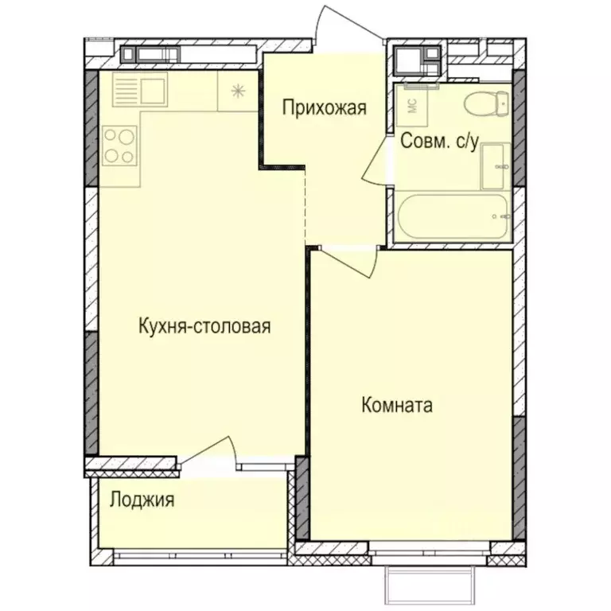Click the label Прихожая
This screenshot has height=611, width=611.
click(x=325, y=107)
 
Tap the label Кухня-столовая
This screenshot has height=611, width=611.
click(x=204, y=326)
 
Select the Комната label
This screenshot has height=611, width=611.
click(x=397, y=405)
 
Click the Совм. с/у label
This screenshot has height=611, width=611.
click(x=439, y=142)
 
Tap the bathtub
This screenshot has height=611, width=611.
click(x=452, y=216)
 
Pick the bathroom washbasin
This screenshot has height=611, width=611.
click(x=496, y=165)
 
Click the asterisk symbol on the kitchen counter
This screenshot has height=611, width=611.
click(x=238, y=91)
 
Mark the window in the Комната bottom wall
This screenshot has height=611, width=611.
click(x=429, y=547)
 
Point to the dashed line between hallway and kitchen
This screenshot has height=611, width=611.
click(x=306, y=207)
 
